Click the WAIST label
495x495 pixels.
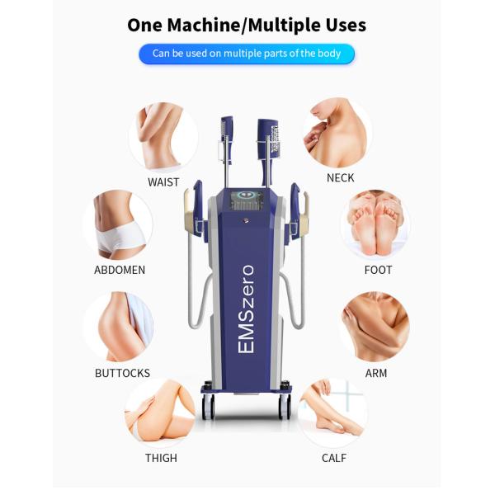pyautogui.click(x=163, y=182)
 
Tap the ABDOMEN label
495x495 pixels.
pyautogui.click(x=120, y=270)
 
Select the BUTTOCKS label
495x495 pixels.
pyautogui.click(x=122, y=373)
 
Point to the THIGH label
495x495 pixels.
pyautogui.click(x=161, y=458)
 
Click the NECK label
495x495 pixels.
pyautogui.click(x=340, y=178)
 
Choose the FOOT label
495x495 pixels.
pyautogui.click(x=378, y=270)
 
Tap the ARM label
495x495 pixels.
pyautogui.click(x=376, y=373)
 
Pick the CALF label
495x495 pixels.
pyautogui.click(x=334, y=458)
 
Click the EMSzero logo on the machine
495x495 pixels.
pyautogui.click(x=246, y=309)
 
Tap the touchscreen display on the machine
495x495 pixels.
pyautogui.click(x=247, y=200)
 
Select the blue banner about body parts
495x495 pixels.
pyautogui.click(x=247, y=54)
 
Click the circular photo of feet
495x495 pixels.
pyautogui.click(x=375, y=223)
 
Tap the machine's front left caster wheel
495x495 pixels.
pyautogui.click(x=209, y=407)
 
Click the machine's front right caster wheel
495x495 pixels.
pyautogui.click(x=285, y=407)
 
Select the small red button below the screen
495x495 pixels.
pyautogui.click(x=245, y=220)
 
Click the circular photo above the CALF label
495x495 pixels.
pyautogui.click(x=332, y=412)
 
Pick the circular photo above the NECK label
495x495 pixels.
pyautogui.click(x=338, y=133)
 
